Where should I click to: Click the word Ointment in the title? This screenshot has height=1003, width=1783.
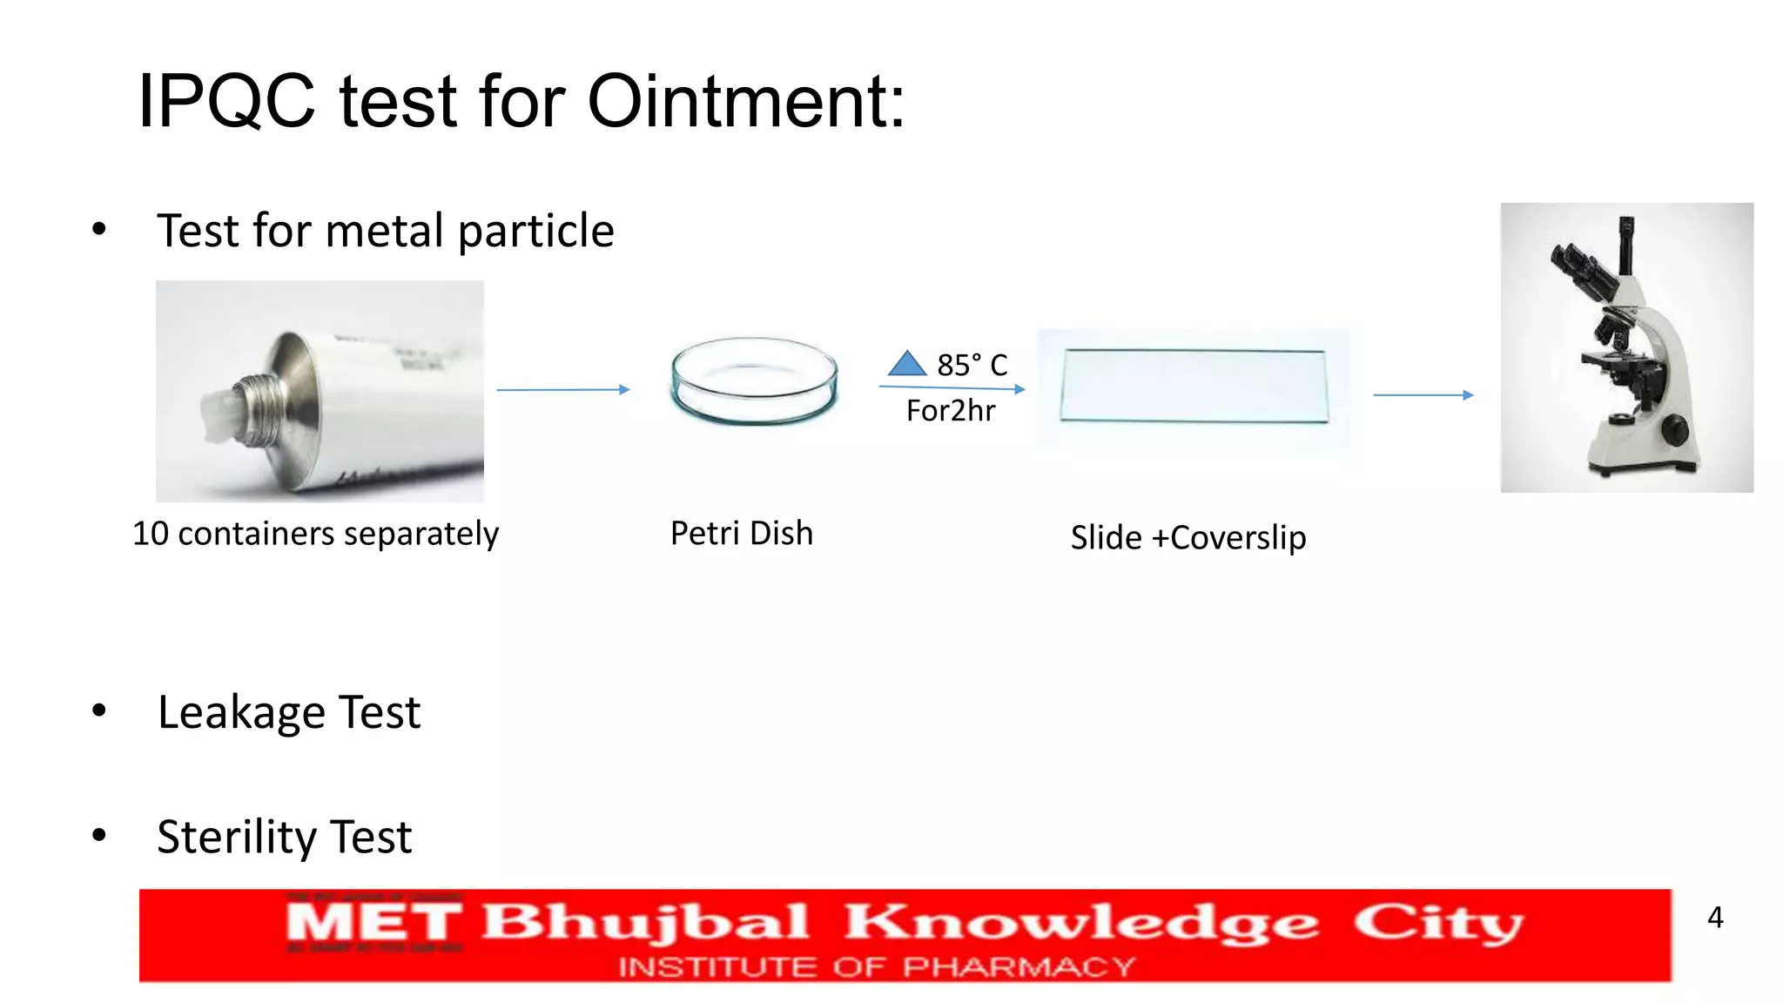(746, 102)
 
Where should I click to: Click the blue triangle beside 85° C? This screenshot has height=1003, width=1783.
(907, 364)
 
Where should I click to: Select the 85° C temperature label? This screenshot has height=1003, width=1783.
(972, 365)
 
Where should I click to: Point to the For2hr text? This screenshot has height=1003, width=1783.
(950, 410)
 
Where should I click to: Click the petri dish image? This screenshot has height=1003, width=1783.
(754, 381)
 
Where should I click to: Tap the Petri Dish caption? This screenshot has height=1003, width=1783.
(741, 533)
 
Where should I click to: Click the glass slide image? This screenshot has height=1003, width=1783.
(1194, 387)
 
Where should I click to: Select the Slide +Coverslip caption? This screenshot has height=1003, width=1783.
(1188, 537)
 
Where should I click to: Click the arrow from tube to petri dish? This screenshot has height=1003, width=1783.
(562, 390)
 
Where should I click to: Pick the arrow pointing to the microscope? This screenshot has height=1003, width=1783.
(1423, 395)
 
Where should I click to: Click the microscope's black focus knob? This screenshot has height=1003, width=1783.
(1674, 429)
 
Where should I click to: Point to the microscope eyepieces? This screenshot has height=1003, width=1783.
(1580, 266)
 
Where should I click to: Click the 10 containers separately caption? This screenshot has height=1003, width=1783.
(315, 533)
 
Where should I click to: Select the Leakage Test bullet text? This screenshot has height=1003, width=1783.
(288, 712)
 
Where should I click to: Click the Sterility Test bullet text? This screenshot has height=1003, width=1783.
(284, 837)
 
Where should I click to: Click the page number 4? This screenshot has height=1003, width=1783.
(1714, 917)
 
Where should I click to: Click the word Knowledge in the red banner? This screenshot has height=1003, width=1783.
(1080, 923)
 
